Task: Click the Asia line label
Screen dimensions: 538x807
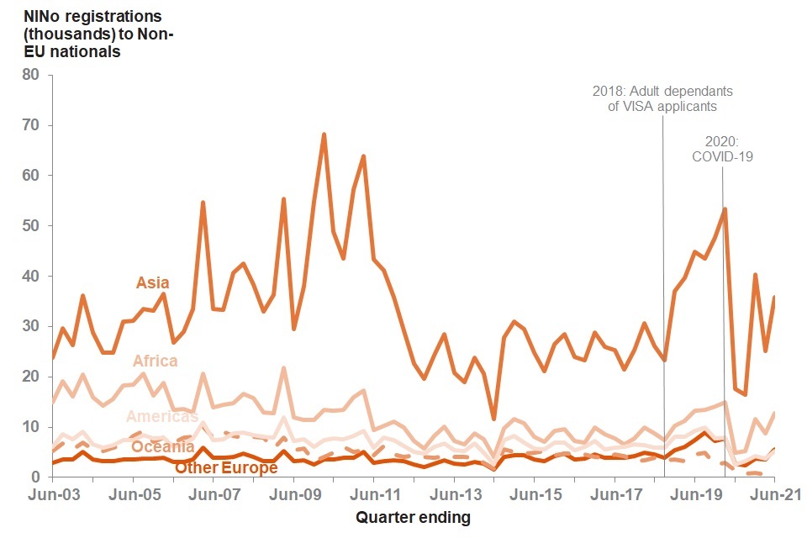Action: click(152, 283)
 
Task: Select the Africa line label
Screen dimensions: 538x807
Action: click(155, 361)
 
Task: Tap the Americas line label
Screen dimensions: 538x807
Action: click(161, 416)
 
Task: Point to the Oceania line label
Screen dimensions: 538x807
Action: click(162, 447)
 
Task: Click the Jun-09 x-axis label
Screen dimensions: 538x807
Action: click(294, 494)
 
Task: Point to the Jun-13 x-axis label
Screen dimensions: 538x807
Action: click(455, 494)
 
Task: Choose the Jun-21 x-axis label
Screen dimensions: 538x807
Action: click(774, 494)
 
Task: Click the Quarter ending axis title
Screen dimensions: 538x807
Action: click(413, 517)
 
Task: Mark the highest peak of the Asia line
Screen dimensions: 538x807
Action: click(324, 134)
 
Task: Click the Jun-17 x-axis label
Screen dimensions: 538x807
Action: click(615, 494)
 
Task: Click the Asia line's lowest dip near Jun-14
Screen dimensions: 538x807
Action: click(493, 418)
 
